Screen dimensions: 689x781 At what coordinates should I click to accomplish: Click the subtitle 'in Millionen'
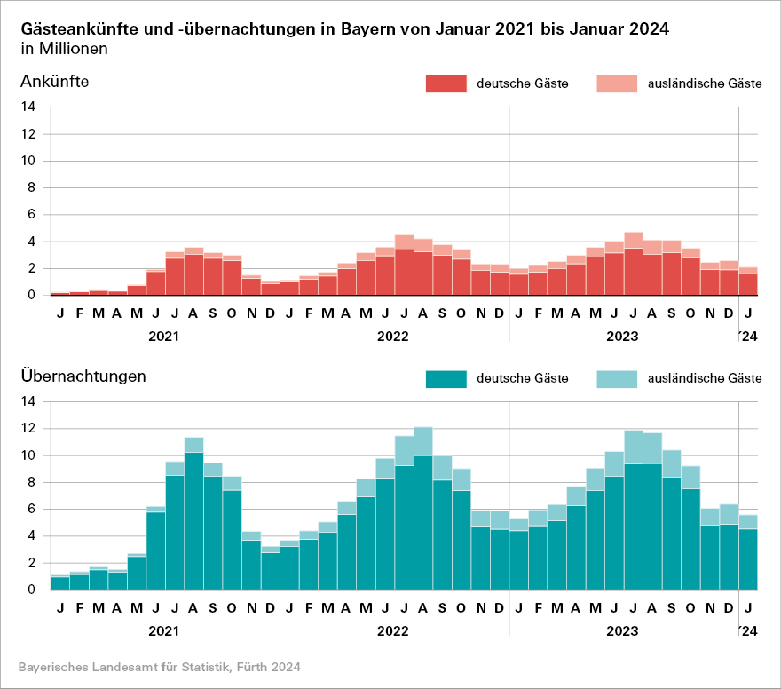[x=63, y=49]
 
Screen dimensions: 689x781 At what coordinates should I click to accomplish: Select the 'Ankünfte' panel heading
[x=54, y=82]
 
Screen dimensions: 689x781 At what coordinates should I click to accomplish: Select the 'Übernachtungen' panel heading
[x=83, y=376]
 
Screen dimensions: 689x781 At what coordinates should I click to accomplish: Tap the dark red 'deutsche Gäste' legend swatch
[x=446, y=83]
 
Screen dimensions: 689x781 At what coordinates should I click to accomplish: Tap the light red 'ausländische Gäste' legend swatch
[x=616, y=83]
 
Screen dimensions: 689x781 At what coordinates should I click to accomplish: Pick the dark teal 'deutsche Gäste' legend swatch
[x=446, y=378]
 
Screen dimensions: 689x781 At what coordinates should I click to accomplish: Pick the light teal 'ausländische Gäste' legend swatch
[x=616, y=378]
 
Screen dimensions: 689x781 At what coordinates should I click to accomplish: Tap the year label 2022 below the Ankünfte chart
[x=392, y=337]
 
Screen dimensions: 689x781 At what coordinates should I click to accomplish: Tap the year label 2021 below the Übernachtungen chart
[x=163, y=631]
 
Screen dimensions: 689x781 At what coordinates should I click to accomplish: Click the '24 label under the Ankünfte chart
[x=748, y=337]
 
